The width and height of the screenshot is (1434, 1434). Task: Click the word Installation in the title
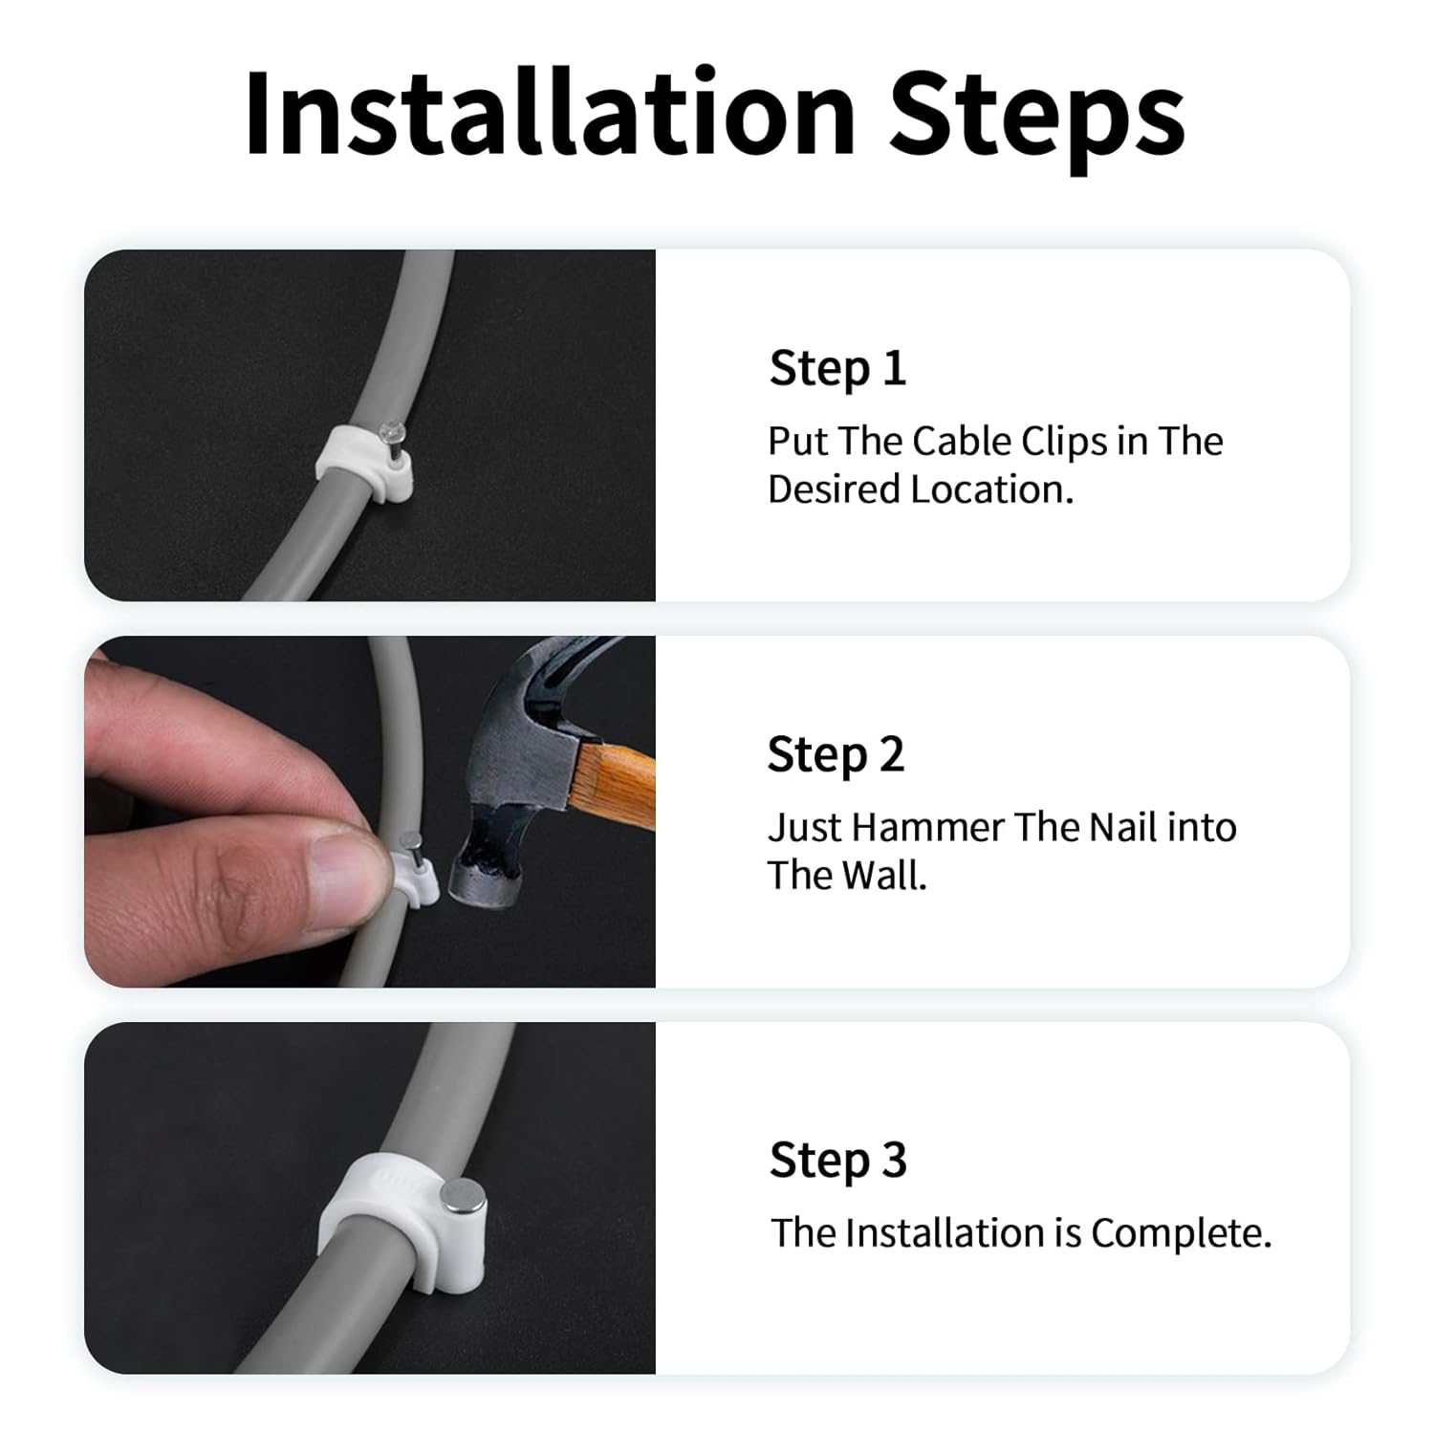point(551,114)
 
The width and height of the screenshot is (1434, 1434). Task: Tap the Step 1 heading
point(837,369)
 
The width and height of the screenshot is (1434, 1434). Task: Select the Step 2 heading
point(836,755)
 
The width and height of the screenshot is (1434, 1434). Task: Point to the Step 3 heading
point(837,1161)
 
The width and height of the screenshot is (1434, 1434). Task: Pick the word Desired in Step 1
point(834,489)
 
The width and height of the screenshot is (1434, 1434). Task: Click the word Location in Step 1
point(991,489)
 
